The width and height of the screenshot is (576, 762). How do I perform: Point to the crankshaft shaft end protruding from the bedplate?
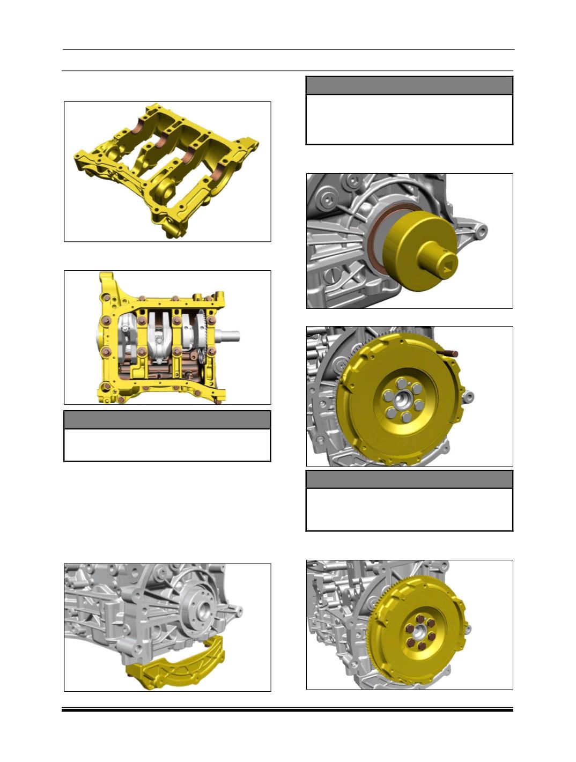[231, 337]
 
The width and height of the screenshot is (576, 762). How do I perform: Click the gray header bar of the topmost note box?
[409, 85]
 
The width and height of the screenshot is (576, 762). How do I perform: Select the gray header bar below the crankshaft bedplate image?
[167, 420]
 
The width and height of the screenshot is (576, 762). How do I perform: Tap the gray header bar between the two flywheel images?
[409, 479]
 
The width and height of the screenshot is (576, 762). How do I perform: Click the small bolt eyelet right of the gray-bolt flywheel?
[470, 397]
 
